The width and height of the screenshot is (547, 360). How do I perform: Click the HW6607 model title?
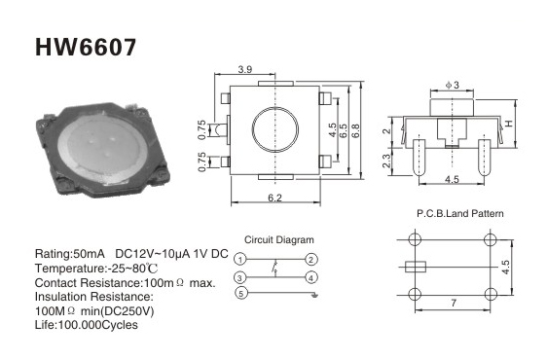[86, 47]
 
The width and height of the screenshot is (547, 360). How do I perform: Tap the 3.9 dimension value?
[245, 69]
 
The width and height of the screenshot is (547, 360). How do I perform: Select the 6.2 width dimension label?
[274, 198]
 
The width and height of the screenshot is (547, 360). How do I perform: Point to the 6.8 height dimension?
[355, 130]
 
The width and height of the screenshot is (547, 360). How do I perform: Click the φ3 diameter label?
[453, 85]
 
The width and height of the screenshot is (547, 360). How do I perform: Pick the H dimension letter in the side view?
[509, 124]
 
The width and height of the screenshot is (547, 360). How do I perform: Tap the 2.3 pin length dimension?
[386, 161]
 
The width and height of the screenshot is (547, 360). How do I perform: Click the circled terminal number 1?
[239, 260]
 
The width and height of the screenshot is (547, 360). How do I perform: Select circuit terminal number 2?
[311, 260]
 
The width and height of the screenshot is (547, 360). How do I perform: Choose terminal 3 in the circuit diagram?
[239, 278]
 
